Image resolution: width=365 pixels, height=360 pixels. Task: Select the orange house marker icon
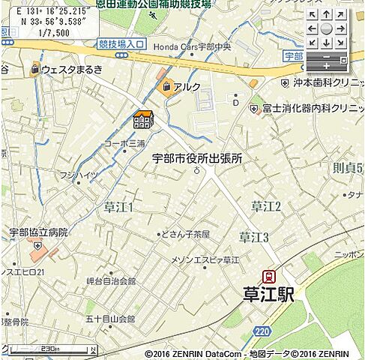click(142, 119)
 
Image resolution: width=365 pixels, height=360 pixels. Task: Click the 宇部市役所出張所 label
click(197, 158)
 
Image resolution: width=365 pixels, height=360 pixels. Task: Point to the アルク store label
click(187, 87)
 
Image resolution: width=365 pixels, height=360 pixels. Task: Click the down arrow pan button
click(326, 43)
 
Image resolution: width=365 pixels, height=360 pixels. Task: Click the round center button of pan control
click(326, 28)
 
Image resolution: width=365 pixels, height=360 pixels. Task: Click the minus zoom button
click(326, 57)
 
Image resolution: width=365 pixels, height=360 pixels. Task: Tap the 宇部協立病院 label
click(38, 232)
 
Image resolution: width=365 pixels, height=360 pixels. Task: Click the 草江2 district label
click(266, 206)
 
